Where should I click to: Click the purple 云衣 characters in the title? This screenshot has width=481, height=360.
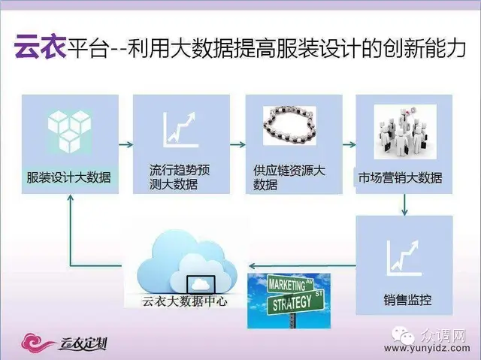pyautogui.click(x=40, y=47)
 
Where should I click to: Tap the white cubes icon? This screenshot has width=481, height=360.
pyautogui.click(x=70, y=132)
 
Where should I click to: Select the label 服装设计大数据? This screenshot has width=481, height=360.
pyautogui.click(x=68, y=177)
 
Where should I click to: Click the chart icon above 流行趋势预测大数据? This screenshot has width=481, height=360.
pyautogui.click(x=180, y=130)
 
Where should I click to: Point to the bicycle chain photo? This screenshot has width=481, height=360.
pyautogui.click(x=289, y=126)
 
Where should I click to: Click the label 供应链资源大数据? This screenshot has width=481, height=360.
pyautogui.click(x=289, y=177)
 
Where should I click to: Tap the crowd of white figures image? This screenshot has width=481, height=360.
pyautogui.click(x=405, y=132)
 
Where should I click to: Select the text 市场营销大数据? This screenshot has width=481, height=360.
pyautogui.click(x=401, y=178)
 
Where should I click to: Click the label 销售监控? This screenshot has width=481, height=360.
pyautogui.click(x=407, y=300)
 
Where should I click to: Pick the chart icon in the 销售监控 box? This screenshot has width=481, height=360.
pyautogui.click(x=404, y=259)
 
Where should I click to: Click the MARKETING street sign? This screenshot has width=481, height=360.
pyautogui.click(x=291, y=284)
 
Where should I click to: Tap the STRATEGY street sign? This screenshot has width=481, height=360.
pyautogui.click(x=295, y=301)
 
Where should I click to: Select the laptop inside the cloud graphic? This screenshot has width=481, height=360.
pyautogui.click(x=201, y=285)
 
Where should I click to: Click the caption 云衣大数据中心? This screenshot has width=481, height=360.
pyautogui.click(x=185, y=301)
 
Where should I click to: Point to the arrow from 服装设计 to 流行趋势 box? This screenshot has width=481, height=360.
pyautogui.click(x=126, y=144)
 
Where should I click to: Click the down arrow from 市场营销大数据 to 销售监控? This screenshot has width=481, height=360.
pyautogui.click(x=404, y=204)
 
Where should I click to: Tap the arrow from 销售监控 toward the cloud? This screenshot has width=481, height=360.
pyautogui.click(x=302, y=265)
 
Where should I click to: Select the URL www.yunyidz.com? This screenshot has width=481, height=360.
pyautogui.click(x=427, y=348)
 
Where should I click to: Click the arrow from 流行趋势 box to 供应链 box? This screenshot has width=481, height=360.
pyautogui.click(x=237, y=144)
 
